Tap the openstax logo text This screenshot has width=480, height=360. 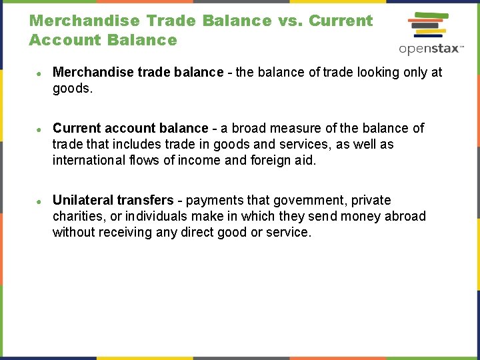tap(431, 49)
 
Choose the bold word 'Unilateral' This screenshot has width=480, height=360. tap(83, 201)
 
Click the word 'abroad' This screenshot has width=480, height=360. tap(405, 217)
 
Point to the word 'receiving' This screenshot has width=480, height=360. tap(126, 233)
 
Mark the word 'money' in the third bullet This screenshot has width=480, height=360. tap(350, 217)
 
